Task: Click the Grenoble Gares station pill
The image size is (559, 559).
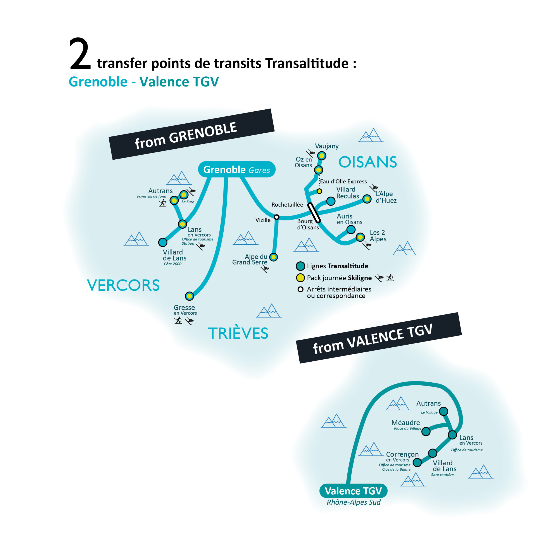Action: (237, 169)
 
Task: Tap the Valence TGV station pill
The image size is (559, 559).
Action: (353, 491)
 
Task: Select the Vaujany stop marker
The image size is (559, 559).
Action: (322, 156)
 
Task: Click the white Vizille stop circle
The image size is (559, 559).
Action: (277, 217)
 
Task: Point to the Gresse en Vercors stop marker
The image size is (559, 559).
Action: (189, 296)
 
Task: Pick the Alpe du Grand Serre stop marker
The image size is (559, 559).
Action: (273, 257)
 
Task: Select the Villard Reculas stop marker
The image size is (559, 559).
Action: (331, 201)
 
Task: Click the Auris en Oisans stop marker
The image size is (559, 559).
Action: (351, 230)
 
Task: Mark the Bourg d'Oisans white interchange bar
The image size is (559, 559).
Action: (314, 213)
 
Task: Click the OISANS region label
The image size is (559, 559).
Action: (367, 162)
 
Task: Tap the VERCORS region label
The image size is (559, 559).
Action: (123, 285)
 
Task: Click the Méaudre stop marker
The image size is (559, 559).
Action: (426, 432)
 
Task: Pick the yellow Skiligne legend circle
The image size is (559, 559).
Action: (300, 278)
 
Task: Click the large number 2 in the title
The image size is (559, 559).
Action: (80, 54)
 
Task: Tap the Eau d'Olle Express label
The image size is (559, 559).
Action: (343, 181)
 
